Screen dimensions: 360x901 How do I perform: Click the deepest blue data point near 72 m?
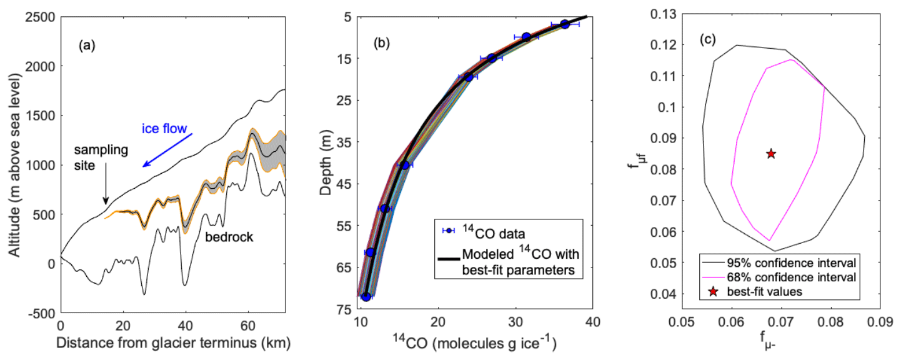[x=366, y=297]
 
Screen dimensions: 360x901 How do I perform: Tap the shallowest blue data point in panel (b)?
[x=565, y=24]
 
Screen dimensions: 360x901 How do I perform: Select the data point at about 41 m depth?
[x=404, y=165]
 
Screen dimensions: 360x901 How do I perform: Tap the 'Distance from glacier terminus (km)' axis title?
[x=173, y=344]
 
